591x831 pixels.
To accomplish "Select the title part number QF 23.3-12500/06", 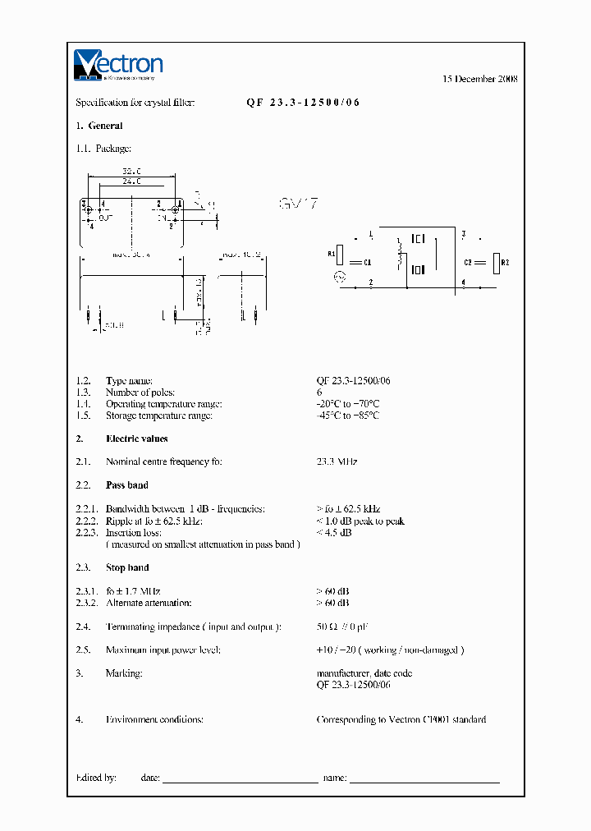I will point(303,103).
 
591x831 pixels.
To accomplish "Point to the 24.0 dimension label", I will point(131,181).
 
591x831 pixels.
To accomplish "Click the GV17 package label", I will point(298,204).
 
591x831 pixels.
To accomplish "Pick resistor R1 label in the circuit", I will point(332,255).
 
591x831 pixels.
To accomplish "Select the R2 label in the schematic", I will point(506,263).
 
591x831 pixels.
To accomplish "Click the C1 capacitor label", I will point(368,263).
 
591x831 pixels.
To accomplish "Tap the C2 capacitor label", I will point(468,263).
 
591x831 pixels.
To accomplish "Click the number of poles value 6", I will point(319,393).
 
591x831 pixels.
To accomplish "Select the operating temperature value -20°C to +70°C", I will point(348,404).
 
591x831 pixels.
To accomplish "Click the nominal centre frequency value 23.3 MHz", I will point(337,462).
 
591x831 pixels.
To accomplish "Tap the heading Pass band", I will point(126,485).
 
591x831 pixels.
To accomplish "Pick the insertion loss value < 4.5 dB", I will point(334,533).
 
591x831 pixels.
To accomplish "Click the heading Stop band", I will point(127,567).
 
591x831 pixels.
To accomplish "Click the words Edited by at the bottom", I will point(96,778).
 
